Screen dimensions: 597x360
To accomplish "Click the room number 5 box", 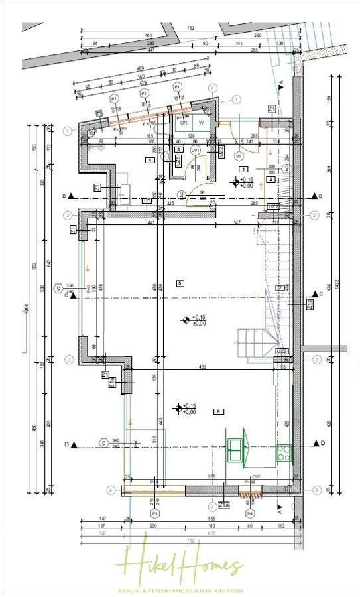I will (179, 283).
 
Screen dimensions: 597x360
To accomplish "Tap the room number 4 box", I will (151, 160).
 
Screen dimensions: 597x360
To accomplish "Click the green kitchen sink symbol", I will (235, 449).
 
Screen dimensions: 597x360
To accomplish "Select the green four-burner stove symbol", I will (283, 453).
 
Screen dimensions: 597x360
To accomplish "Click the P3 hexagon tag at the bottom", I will (155, 513).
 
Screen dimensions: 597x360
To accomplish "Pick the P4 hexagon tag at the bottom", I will (250, 513).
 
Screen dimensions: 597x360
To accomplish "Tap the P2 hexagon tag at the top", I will (144, 94).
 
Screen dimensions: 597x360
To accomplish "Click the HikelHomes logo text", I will (180, 564).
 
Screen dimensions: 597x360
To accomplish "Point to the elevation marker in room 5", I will (186, 320).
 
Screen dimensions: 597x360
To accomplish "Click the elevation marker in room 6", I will (177, 409).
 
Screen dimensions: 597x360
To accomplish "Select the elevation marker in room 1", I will (235, 182).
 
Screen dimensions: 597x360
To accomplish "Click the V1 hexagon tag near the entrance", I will (238, 155).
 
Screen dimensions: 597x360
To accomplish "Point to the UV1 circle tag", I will (195, 151).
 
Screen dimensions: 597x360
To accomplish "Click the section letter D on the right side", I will (323, 443).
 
